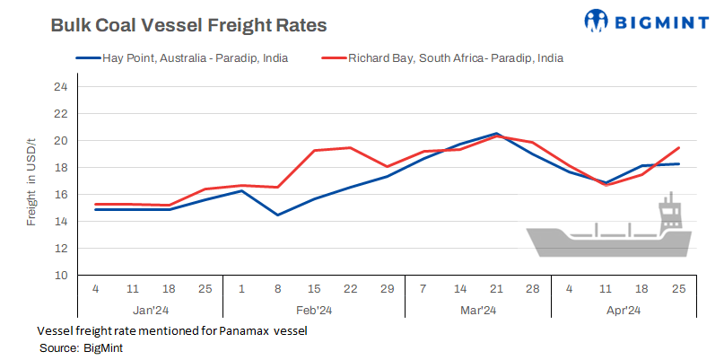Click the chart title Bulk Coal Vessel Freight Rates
coord(188,25)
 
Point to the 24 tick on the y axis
coord(60,87)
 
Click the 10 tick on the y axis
coord(60,275)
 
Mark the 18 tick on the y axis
coord(60,167)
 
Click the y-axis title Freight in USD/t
coord(31,180)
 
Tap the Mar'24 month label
coord(477,311)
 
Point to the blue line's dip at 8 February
coord(276,215)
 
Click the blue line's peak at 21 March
coord(496,134)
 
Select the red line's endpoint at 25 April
coord(677,147)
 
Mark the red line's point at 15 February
coord(313,151)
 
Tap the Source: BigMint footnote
coord(81,347)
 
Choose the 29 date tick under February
coord(386,290)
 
